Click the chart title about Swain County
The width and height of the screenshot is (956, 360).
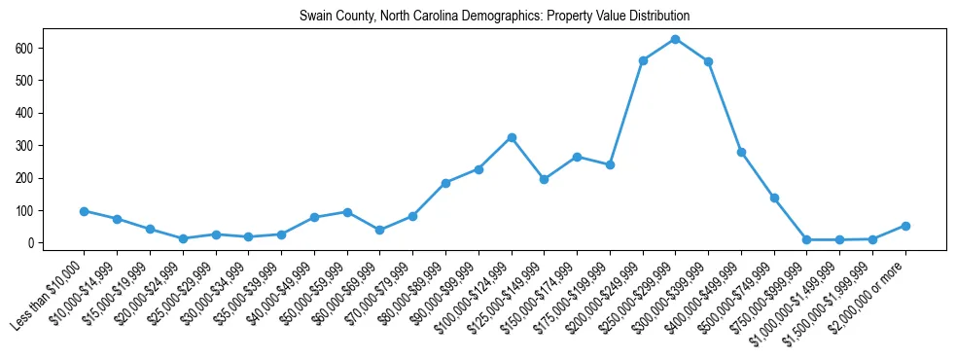494,16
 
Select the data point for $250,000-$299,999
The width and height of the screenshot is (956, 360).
675,39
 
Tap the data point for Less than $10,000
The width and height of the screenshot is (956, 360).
85,211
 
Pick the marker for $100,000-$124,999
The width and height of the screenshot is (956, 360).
512,137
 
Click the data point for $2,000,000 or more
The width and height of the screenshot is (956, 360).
905,226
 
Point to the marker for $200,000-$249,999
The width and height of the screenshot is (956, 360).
643,60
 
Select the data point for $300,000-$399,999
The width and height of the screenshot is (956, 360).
708,61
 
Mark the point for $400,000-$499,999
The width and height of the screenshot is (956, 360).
741,152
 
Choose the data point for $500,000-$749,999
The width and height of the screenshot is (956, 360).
774,198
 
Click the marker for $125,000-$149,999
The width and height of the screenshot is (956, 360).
544,179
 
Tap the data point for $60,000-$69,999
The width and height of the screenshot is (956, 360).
380,231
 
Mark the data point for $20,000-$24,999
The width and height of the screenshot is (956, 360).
183,238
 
